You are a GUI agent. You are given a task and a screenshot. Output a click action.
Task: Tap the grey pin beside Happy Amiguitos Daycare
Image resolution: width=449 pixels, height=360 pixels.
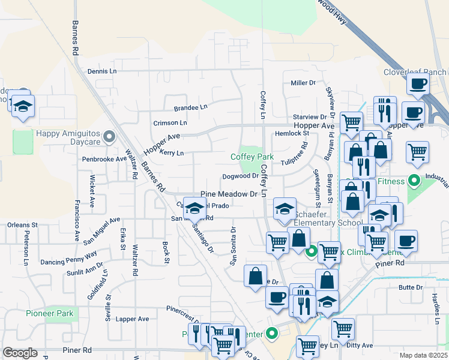(109, 137)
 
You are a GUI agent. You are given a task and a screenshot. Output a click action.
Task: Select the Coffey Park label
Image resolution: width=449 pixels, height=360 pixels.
(252, 157)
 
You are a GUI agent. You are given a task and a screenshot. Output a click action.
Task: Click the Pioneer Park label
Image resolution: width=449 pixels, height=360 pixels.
(50, 313)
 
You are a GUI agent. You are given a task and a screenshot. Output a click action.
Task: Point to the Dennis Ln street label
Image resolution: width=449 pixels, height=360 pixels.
(102, 71)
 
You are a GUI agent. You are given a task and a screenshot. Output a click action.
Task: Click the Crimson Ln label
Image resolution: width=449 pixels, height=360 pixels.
(170, 122)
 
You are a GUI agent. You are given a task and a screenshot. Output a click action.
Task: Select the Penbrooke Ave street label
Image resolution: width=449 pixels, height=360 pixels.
(104, 159)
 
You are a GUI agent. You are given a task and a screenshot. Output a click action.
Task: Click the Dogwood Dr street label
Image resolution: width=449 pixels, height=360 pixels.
(240, 176)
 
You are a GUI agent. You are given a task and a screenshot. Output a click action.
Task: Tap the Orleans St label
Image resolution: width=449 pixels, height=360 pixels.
(23, 225)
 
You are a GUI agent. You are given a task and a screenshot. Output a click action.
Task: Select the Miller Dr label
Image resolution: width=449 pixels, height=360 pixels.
(303, 83)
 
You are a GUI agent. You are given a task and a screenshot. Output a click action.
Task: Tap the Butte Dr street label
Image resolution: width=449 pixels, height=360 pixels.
(411, 288)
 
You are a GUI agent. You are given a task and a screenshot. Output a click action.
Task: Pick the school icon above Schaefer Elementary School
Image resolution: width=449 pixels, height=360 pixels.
(285, 209)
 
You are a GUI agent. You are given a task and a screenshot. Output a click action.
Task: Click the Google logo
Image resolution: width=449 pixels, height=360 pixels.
(20, 353)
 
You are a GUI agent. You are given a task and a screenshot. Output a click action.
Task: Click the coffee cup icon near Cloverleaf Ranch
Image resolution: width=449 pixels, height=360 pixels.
(417, 84)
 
